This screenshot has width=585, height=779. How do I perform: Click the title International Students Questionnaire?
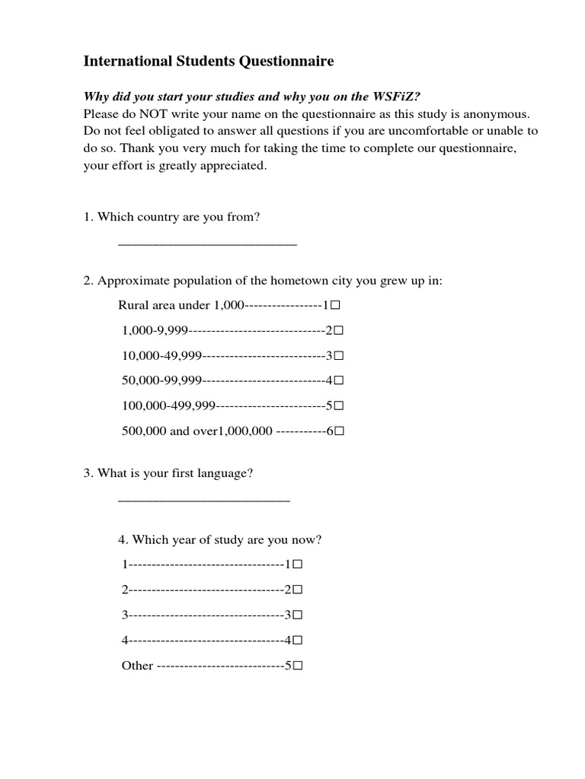[208, 62]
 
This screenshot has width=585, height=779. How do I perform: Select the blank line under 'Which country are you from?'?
[207, 243]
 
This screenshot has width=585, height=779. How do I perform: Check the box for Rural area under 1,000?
[334, 305]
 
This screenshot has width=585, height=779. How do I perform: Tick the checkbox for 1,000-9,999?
[339, 331]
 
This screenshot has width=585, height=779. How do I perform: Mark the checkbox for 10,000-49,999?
[339, 356]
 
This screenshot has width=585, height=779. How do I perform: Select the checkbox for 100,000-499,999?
[339, 406]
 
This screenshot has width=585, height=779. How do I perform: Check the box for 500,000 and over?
[340, 431]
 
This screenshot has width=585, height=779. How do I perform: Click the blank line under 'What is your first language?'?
[204, 499]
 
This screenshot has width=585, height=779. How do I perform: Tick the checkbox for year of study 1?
[298, 565]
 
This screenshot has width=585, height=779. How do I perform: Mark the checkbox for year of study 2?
[298, 590]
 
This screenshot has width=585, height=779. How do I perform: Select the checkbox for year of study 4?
[298, 641]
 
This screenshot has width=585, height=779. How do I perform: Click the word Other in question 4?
[137, 666]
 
